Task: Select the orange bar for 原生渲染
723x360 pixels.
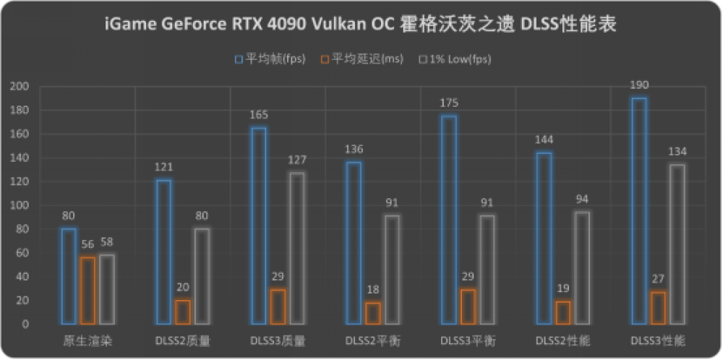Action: coord(87,291)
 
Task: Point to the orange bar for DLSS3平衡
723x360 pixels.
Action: coord(468,307)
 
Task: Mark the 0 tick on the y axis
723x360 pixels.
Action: coord(25,324)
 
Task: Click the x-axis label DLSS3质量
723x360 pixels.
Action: coord(278,340)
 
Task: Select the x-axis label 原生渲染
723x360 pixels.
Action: coord(87,340)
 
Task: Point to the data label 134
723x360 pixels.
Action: coord(677,151)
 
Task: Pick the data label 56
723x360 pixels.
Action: coord(87,244)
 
